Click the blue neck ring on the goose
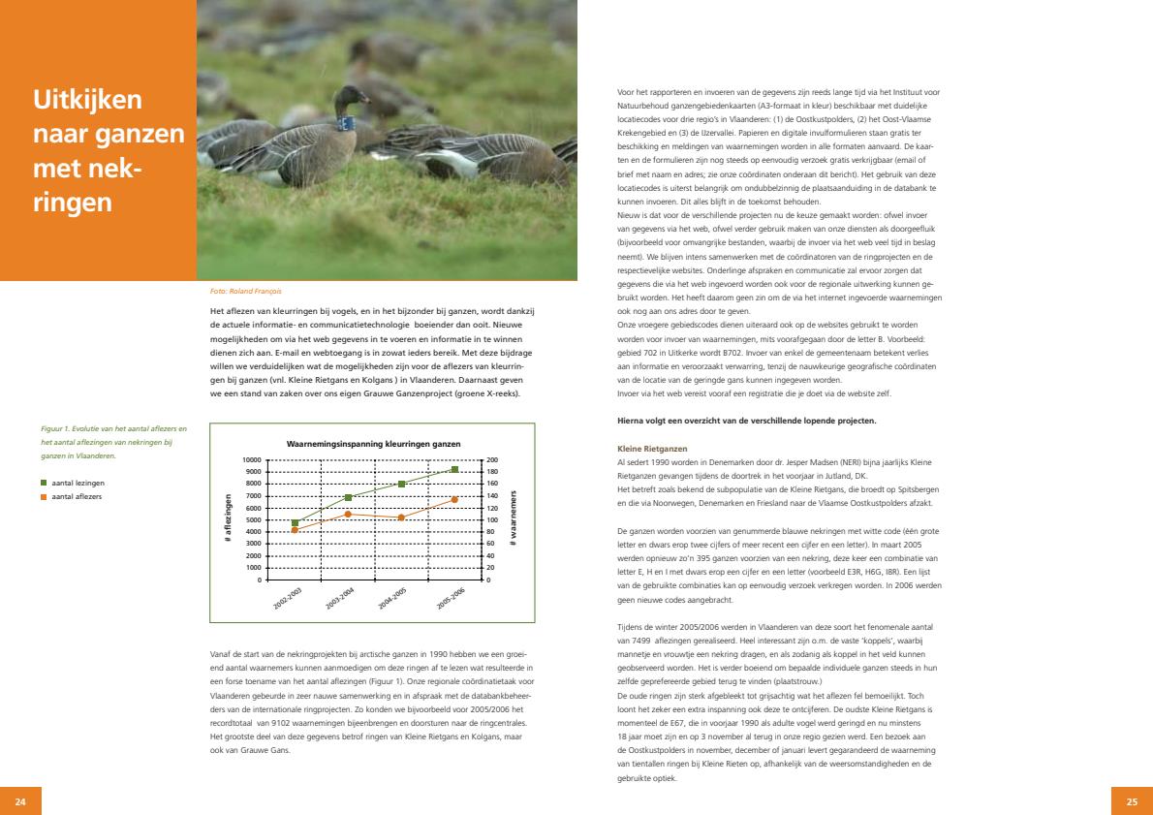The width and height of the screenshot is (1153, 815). pyautogui.click(x=343, y=123)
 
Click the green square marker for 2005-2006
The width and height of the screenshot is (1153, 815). pyautogui.click(x=454, y=469)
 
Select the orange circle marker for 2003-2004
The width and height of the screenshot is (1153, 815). pyautogui.click(x=348, y=514)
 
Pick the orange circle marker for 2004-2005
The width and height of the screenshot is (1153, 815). pyautogui.click(x=401, y=517)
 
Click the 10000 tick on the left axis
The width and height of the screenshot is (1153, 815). pyautogui.click(x=251, y=459)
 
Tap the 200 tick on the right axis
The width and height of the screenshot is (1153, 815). pyautogui.click(x=491, y=459)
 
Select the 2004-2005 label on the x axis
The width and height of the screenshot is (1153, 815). pyautogui.click(x=392, y=598)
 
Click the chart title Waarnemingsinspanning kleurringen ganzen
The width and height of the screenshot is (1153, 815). pyautogui.click(x=373, y=444)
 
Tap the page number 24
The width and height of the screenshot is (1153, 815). pyautogui.click(x=21, y=801)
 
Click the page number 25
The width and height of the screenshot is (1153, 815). pyautogui.click(x=1131, y=801)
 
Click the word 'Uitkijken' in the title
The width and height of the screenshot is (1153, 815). pyautogui.click(x=88, y=99)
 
